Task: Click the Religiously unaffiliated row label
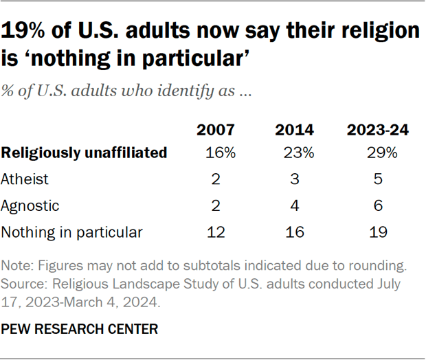[85, 153]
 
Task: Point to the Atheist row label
[25, 179]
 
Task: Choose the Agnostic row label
[30, 205]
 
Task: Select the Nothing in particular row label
[72, 232]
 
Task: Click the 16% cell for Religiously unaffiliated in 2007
[219, 153]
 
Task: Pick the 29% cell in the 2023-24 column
[381, 153]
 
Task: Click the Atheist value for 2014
[295, 179]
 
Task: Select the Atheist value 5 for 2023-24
[377, 179]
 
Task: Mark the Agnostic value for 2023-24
[377, 205]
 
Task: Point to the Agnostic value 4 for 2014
[295, 205]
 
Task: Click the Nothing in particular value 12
[215, 232]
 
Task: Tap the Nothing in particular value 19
[377, 232]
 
